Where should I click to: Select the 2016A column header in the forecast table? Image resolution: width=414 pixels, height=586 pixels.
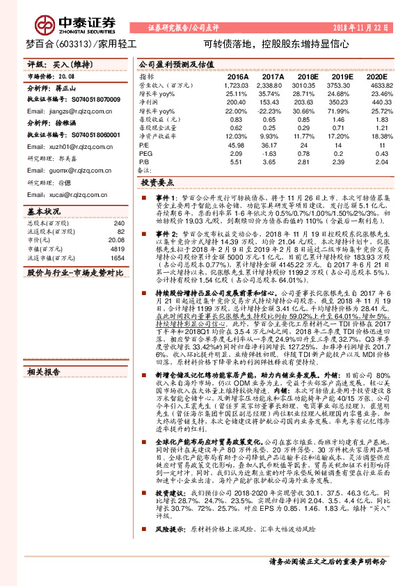click(237, 76)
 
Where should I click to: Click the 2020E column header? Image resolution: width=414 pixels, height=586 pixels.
click(376, 76)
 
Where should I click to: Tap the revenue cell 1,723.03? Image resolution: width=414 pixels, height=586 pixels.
click(237, 84)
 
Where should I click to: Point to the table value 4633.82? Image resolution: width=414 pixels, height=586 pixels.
click(376, 84)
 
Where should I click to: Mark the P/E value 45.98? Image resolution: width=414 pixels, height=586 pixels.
click(237, 144)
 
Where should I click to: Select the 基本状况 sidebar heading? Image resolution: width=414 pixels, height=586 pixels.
click(44, 211)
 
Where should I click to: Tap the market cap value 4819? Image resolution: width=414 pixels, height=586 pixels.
click(117, 248)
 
